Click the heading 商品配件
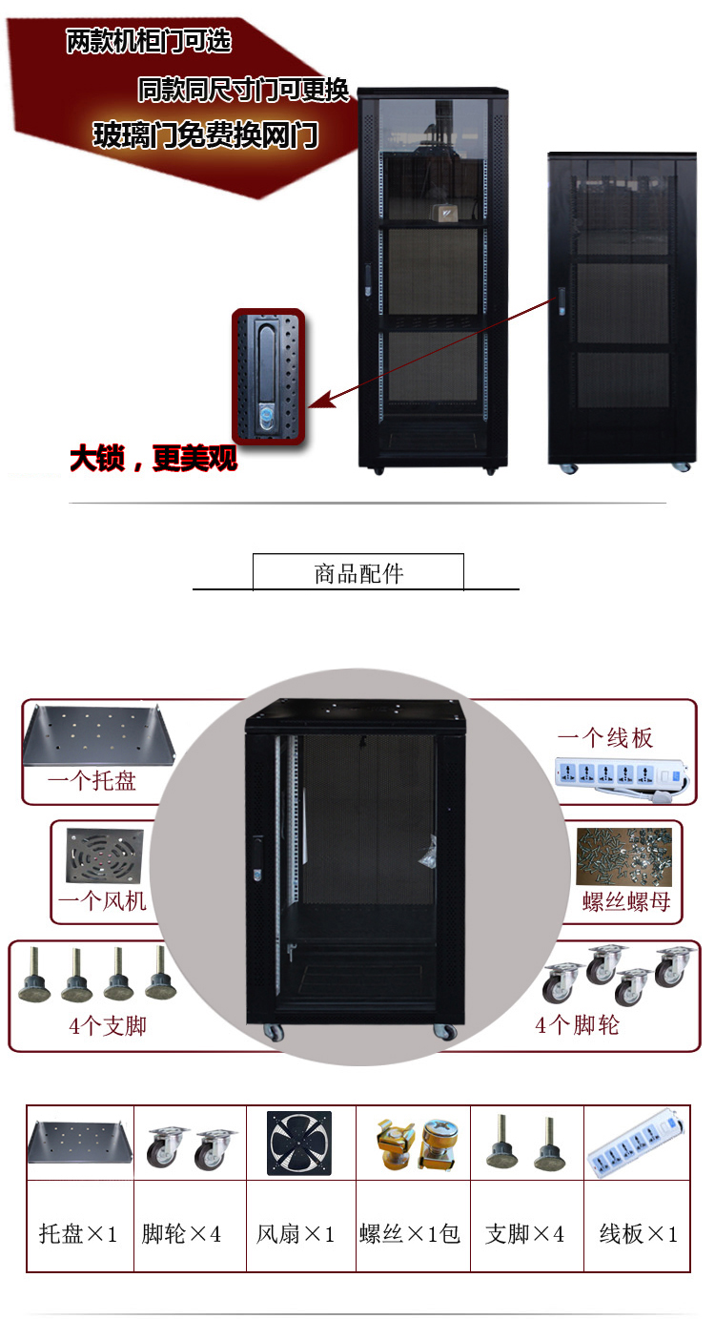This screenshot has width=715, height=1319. (358, 573)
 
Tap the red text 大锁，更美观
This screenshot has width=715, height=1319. (153, 460)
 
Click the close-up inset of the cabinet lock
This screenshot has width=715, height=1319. (268, 376)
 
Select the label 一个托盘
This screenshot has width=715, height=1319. (92, 781)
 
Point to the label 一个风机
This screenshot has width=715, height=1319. (103, 899)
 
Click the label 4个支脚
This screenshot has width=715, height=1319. (108, 1026)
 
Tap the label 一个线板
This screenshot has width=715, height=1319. (605, 737)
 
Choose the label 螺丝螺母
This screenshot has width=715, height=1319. (626, 901)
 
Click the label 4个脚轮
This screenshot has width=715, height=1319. (578, 1025)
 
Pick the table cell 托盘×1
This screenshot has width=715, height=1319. (79, 1234)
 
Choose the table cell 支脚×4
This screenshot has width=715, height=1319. (524, 1234)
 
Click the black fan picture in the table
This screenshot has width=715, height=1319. (299, 1143)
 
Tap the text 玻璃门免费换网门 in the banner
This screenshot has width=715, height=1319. (206, 135)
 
